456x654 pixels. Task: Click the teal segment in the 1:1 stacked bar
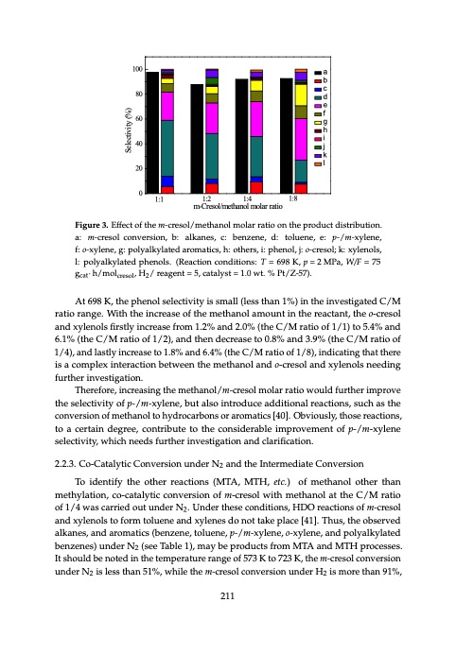[167, 147]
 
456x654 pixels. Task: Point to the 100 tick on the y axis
[137, 70]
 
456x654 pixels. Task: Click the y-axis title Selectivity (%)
[125, 131]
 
